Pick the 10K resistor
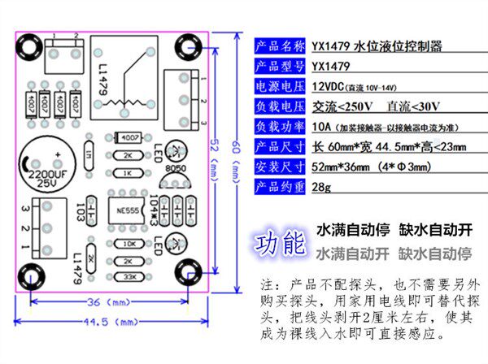coord(129,244)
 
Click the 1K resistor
coord(129,172)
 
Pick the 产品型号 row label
coord(281,66)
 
